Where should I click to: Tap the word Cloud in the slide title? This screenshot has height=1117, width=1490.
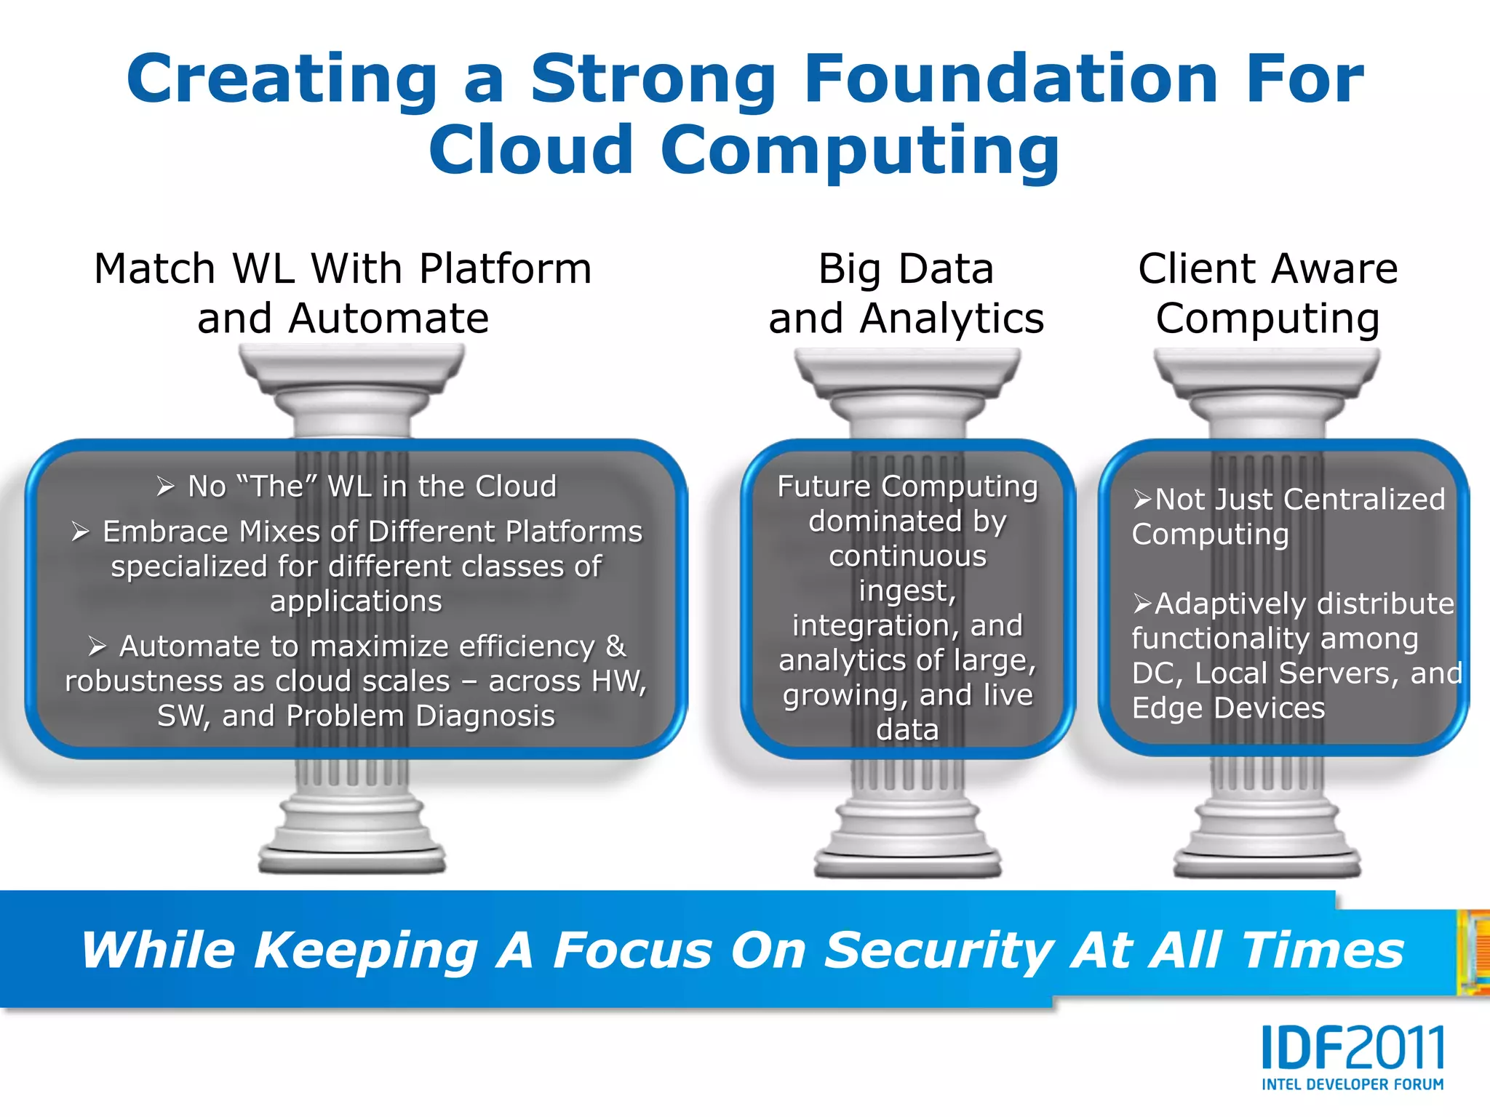point(530,150)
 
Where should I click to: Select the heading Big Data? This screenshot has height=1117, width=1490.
point(906,268)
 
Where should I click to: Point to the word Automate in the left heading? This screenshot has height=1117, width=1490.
point(389,319)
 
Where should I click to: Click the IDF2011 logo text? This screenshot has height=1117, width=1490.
point(1352,1048)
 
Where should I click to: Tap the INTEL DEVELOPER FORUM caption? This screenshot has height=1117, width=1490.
point(1352,1084)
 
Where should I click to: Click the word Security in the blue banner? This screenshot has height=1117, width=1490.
point(939,950)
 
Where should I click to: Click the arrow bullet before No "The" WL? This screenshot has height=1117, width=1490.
point(166,487)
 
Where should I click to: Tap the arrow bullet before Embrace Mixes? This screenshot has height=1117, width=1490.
point(81,532)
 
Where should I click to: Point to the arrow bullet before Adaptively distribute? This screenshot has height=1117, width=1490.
point(1142,604)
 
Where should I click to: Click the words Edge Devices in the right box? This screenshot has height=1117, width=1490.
point(1228,708)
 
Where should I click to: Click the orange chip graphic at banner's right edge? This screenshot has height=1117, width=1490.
point(1474,953)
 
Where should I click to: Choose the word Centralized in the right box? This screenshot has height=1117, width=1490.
point(1364,500)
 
